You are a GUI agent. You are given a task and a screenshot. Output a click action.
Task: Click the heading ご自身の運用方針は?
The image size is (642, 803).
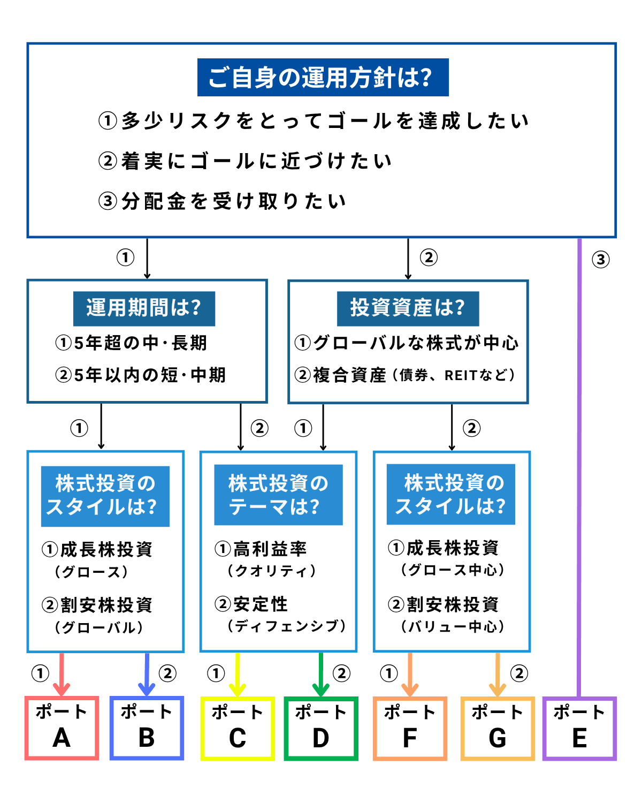323,78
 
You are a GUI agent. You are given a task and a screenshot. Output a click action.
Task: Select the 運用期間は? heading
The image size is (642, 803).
144,308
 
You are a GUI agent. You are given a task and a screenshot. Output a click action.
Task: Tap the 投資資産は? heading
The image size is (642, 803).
408,308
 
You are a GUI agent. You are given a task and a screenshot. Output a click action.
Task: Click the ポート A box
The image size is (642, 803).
62,728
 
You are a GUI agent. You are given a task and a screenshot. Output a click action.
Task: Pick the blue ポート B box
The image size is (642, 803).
147,728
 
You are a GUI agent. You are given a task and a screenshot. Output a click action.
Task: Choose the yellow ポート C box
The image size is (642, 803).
238,728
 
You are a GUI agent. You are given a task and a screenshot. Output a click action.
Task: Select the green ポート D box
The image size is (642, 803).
321,728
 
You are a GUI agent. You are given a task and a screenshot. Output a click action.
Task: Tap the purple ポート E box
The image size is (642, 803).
579,728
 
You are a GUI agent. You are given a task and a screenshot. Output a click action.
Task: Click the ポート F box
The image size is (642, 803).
410,728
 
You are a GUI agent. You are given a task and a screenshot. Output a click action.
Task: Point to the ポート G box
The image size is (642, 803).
498,728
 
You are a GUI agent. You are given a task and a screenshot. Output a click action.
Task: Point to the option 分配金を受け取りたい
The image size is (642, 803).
223,201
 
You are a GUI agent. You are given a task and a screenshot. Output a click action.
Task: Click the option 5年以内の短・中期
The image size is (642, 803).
141,375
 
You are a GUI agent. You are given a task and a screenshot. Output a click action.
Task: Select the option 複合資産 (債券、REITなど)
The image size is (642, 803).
405,375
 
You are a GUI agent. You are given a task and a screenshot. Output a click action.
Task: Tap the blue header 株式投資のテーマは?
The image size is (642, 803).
278,495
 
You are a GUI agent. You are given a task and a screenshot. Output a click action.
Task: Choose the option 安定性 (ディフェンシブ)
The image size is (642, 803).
280,615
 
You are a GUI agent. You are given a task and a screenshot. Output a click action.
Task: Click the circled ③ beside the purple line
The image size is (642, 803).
601,260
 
